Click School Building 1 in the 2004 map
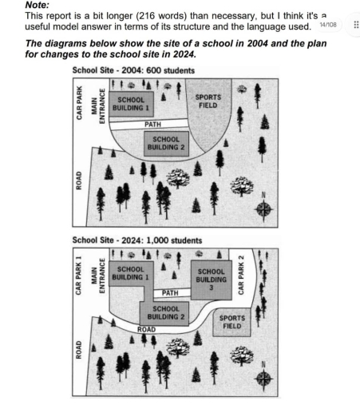[137, 107]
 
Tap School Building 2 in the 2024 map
[166, 312]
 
